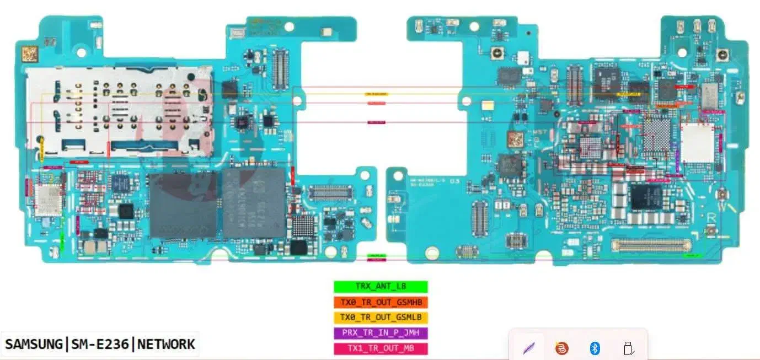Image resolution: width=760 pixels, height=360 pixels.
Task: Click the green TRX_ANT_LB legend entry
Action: point(381,287)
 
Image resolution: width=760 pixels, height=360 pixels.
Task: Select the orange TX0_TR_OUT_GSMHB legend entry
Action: point(381,302)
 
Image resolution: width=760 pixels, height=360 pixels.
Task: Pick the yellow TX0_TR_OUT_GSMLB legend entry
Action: point(381,318)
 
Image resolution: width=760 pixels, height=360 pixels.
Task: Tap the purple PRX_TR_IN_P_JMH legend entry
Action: point(381,333)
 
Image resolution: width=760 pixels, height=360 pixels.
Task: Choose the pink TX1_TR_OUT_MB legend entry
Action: point(381,348)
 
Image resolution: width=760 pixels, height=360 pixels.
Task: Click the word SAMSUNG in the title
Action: point(34,345)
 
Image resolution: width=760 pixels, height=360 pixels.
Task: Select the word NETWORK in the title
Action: point(166,345)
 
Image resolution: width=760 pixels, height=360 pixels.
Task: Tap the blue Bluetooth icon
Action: point(595,348)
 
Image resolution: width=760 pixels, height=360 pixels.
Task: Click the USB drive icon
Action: point(627,348)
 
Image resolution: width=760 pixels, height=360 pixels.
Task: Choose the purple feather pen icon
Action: point(528,348)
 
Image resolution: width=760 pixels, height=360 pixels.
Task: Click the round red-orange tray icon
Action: point(561,348)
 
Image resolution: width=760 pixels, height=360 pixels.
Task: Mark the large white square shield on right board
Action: point(697,143)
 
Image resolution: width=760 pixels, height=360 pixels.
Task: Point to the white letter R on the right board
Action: point(712,218)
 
